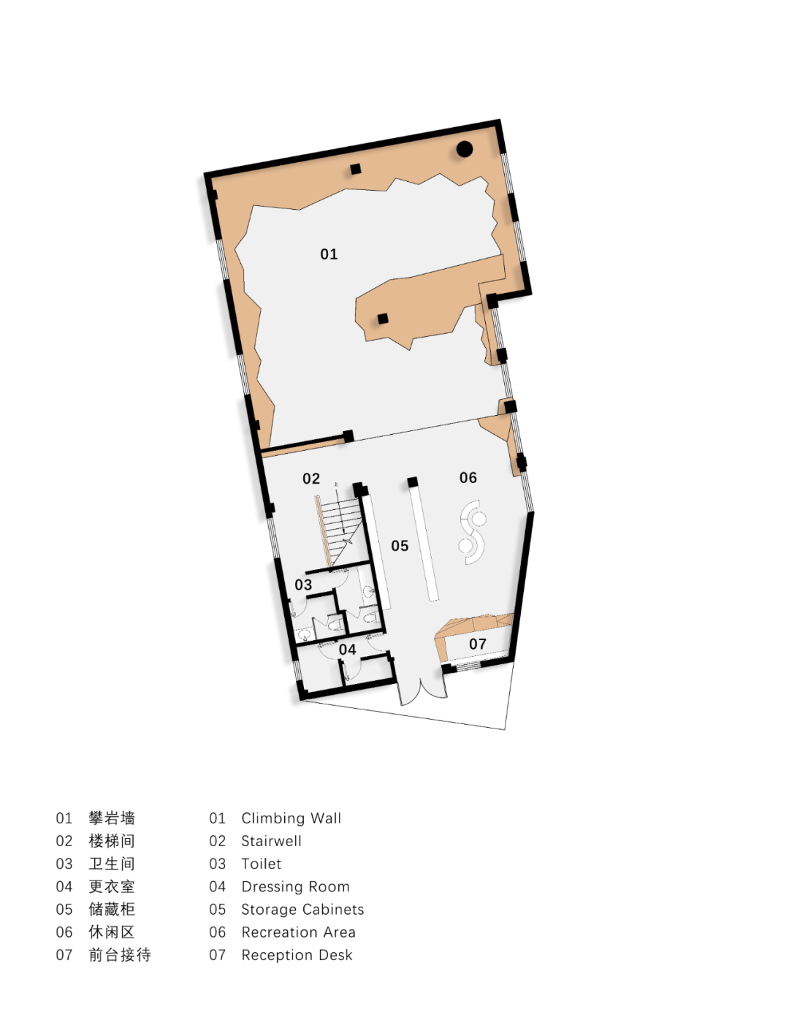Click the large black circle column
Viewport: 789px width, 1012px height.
(465, 149)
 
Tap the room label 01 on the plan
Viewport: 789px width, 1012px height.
(329, 254)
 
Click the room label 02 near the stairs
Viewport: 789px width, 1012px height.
(311, 479)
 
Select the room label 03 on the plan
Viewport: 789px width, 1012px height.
(303, 585)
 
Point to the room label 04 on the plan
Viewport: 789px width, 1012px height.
(347, 649)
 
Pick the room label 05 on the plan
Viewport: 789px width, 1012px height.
(400, 545)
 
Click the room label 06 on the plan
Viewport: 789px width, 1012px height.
(468, 477)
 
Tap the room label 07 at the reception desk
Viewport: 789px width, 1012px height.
(478, 644)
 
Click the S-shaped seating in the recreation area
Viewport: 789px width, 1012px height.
(473, 533)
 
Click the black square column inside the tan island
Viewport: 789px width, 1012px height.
(383, 319)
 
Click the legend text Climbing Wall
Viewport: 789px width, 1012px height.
(291, 818)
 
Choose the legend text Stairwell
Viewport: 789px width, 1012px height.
(271, 840)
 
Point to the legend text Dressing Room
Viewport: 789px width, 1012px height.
(295, 886)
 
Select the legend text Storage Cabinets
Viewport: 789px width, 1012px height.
(302, 909)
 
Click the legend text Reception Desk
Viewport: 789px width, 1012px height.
(297, 955)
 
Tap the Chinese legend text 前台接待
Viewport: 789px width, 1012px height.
(120, 955)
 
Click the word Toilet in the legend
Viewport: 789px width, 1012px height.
(261, 864)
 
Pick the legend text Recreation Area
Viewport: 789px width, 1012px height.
(298, 932)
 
